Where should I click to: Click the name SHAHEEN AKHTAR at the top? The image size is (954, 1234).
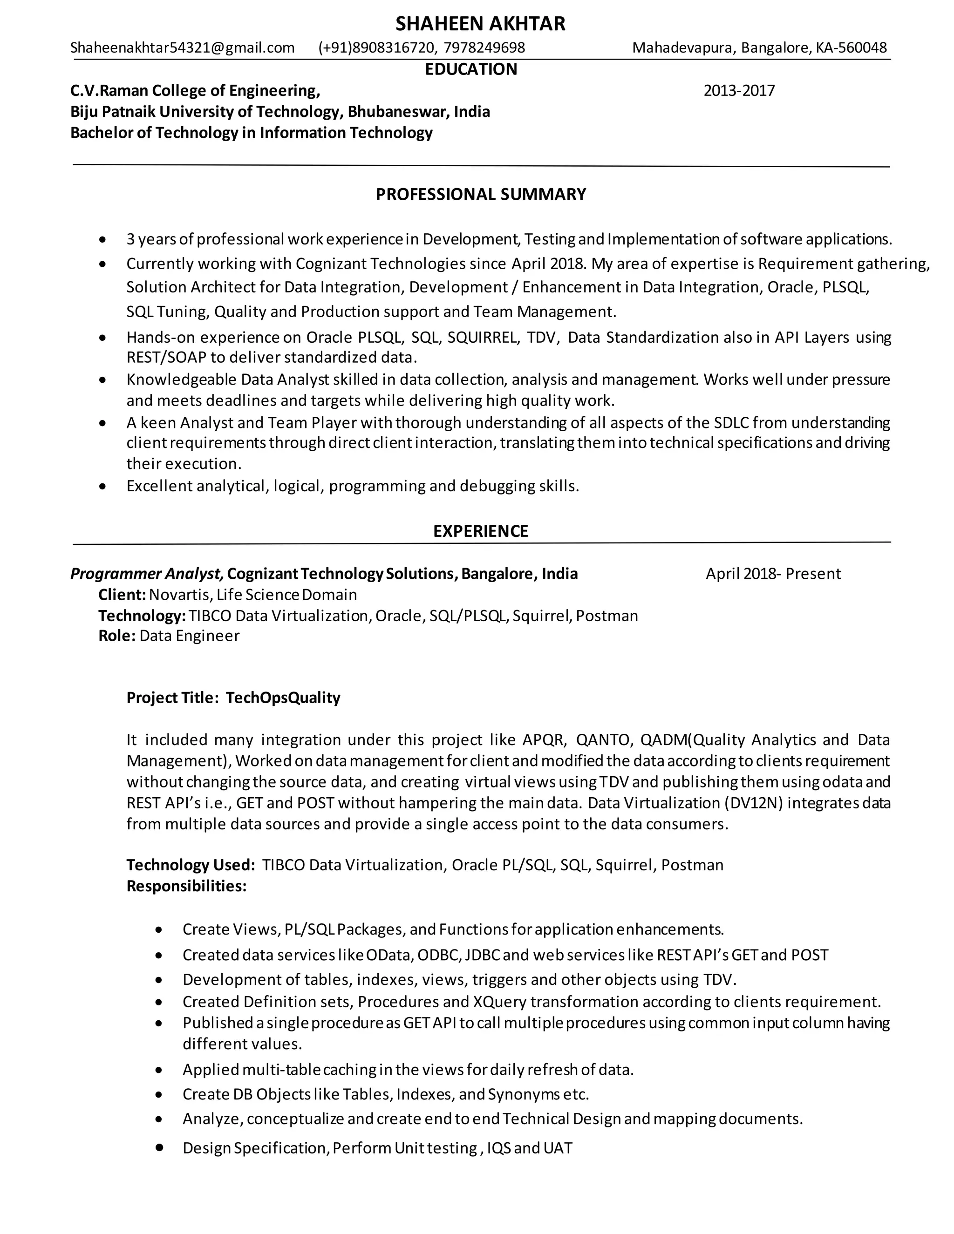coord(480,24)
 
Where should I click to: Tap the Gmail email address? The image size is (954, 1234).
coord(182,48)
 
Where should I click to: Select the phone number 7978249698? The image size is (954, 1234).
coord(484,48)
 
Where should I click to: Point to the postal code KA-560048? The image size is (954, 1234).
coord(851,48)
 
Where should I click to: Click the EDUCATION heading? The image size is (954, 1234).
coord(471,69)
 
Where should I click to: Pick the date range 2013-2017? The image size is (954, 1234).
coord(739,90)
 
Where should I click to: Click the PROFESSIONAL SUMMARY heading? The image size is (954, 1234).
coord(480,194)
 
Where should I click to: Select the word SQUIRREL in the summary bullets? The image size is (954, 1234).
coord(483,337)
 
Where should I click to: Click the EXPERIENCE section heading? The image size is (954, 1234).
coord(480,531)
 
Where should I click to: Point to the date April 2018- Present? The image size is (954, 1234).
coord(773,574)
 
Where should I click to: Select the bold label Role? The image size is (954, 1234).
coord(116,636)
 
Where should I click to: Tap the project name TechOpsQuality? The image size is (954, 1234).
coord(283,698)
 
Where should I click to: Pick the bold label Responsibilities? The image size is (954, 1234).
coord(186,886)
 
